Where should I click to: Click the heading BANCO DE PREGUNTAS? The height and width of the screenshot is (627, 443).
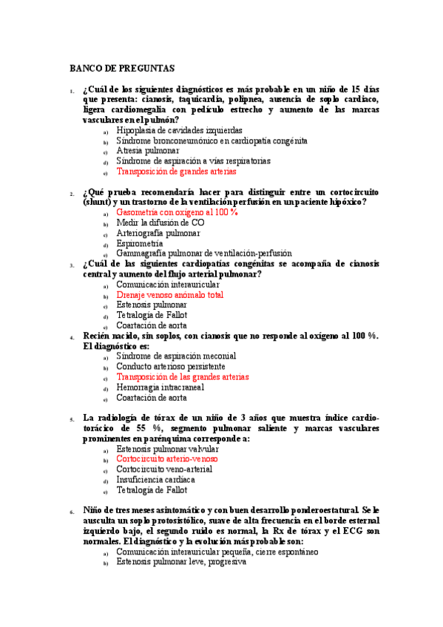tap(122, 69)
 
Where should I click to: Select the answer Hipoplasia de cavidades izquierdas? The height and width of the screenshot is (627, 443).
tap(179, 130)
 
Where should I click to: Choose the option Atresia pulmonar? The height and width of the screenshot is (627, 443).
tap(148, 151)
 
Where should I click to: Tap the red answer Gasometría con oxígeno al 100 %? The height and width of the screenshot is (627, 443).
tap(177, 211)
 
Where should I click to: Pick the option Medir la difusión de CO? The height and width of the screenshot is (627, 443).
tap(160, 222)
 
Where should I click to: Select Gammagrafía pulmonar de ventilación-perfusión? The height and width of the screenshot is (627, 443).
tap(203, 253)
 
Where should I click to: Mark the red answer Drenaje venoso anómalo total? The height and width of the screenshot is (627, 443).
tap(169, 294)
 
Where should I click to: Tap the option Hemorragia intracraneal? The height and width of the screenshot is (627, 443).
tap(163, 387)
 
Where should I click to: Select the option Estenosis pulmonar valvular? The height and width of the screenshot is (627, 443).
tap(167, 448)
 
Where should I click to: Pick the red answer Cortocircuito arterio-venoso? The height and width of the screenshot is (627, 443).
tap(167, 458)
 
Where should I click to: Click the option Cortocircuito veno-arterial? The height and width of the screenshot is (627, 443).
tap(164, 469)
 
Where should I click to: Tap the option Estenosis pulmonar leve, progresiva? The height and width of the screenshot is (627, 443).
tap(181, 561)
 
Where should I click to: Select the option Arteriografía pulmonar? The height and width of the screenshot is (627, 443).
tap(158, 232)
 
